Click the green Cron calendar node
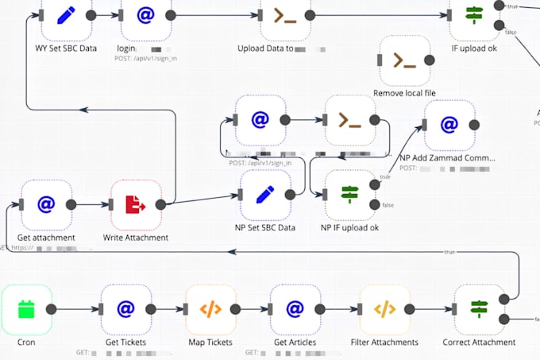pyautogui.click(x=26, y=310)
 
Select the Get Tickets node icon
pyautogui.click(x=126, y=310)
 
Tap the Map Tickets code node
pyautogui.click(x=210, y=310)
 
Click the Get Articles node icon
pyautogui.click(x=295, y=310)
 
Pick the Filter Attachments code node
pyautogui.click(x=384, y=310)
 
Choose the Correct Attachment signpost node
pyautogui.click(x=479, y=310)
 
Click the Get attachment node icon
pyautogui.click(x=46, y=204)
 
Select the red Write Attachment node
pyautogui.click(x=136, y=204)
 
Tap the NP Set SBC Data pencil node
pyautogui.click(x=265, y=195)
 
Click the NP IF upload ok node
pyautogui.click(x=349, y=195)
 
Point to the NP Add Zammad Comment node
pyautogui.click(x=449, y=125)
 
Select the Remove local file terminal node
pyautogui.click(x=404, y=60)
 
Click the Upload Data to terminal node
pyautogui.click(x=284, y=15)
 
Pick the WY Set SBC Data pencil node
pyautogui.click(x=66, y=15)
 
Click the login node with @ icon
pyautogui.click(x=146, y=15)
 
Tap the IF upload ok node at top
pyautogui.click(x=475, y=15)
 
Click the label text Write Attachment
pyautogui.click(x=136, y=238)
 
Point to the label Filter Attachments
pyautogui.click(x=384, y=343)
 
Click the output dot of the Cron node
pyautogui.click(x=52, y=310)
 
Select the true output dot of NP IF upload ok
pyautogui.click(x=374, y=184)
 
